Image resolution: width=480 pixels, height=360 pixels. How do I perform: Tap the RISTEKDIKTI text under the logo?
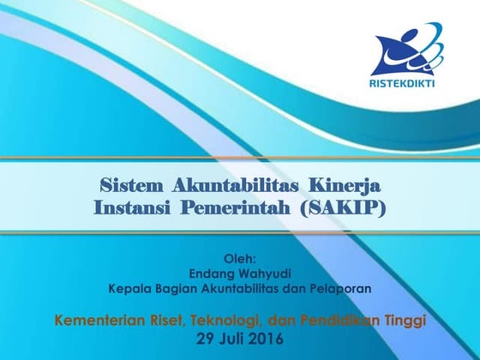(408, 83)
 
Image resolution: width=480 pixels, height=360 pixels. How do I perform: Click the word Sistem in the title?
(133, 185)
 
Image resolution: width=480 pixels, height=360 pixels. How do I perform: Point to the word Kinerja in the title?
(344, 185)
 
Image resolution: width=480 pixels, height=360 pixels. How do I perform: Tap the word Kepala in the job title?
(129, 288)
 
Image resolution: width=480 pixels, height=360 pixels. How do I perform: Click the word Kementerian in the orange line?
(97, 321)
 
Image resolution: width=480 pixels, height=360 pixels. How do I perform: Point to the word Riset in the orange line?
(163, 321)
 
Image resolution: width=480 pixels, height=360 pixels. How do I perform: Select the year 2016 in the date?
(268, 339)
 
